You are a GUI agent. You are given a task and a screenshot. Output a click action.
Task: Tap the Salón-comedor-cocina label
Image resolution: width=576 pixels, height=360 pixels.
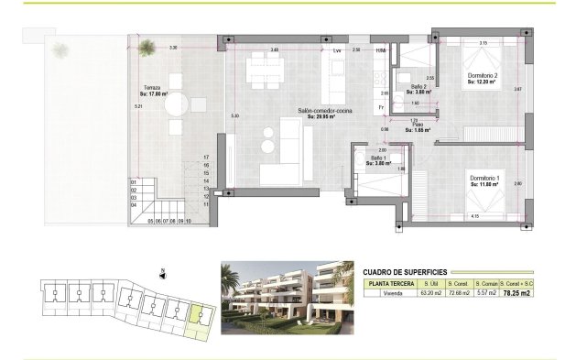tap(318, 112)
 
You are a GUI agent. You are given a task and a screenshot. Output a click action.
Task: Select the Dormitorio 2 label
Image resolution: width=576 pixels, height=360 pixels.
tap(482, 77)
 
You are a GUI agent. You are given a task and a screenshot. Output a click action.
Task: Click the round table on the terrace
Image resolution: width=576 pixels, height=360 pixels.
tap(177, 104)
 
